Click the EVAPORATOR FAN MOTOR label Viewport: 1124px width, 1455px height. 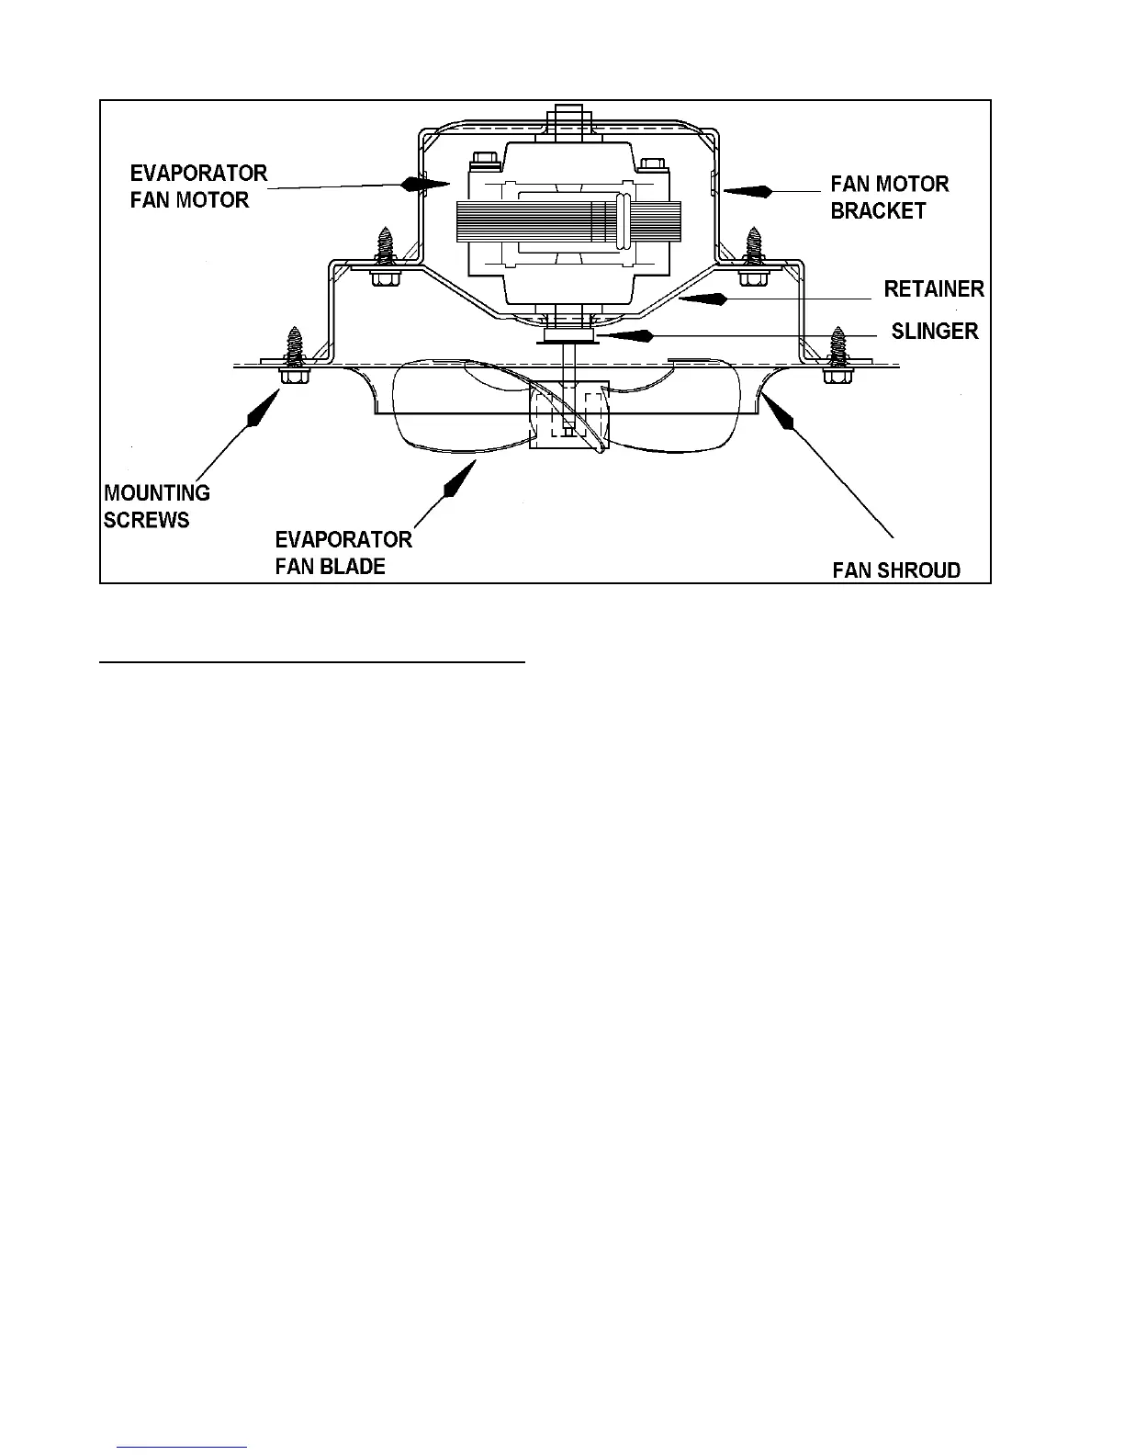[x=198, y=186]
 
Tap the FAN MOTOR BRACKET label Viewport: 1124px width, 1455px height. [x=889, y=197]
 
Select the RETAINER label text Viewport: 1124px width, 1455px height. [x=933, y=289]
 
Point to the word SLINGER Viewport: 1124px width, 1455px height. [x=934, y=331]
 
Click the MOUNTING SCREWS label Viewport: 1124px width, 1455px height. [x=157, y=506]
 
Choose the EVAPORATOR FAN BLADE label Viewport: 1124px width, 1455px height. [x=343, y=552]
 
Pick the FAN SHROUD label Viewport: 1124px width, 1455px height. [x=896, y=570]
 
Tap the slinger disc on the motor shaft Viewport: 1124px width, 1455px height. [x=569, y=338]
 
